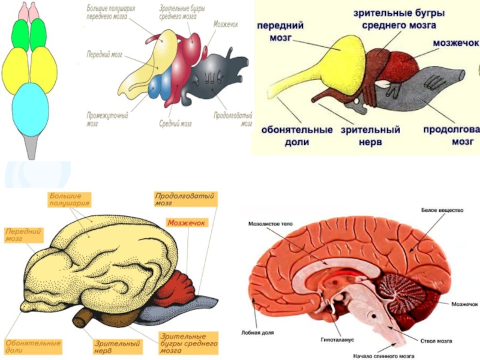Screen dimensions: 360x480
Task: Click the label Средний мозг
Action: [x=175, y=124]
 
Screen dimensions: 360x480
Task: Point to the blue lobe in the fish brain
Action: [x=160, y=86]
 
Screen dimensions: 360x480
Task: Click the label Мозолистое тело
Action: [x=270, y=224]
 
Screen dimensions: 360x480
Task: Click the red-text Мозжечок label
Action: [x=187, y=223]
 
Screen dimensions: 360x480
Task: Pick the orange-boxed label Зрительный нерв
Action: [x=118, y=347]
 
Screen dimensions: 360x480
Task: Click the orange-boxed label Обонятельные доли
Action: [x=33, y=346]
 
